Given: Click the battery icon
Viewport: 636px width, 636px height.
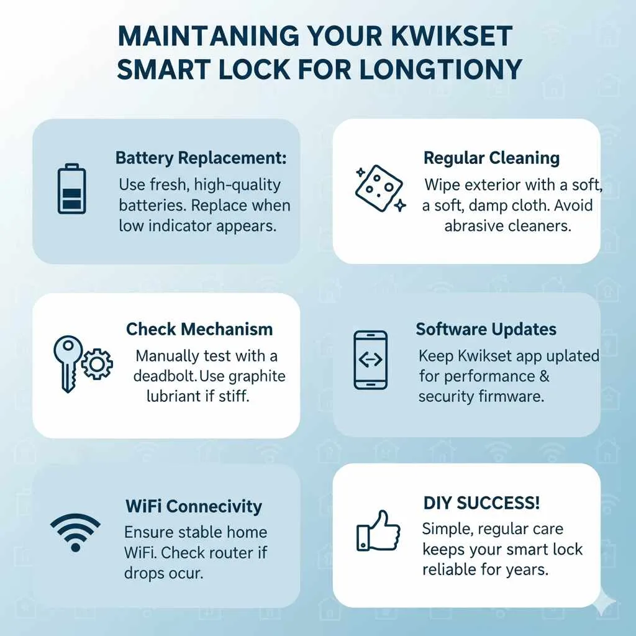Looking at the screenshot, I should coord(72,189).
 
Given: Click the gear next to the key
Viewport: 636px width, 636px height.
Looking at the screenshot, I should coord(96,365).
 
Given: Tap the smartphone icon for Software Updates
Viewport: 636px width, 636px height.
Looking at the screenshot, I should coord(370,360).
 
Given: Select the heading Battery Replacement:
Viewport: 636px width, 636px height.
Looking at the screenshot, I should coord(201,158).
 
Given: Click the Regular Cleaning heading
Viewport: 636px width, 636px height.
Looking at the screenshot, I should coord(491,158).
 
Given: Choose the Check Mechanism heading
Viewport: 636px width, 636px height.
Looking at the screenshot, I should coord(199,329).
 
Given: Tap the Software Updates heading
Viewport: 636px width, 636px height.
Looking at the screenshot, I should coord(486,329).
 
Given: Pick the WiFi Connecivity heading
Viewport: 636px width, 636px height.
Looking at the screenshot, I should coord(193,506).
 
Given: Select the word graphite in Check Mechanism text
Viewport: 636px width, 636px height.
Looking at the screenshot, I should coord(255,376).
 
